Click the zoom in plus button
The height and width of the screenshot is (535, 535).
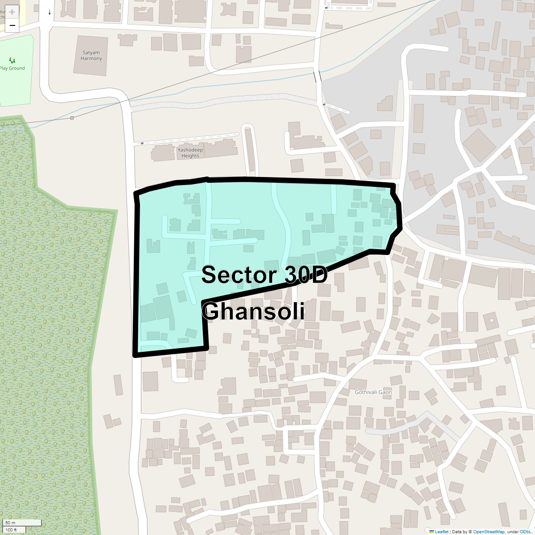point(12,12)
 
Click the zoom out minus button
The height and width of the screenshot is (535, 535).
point(12,25)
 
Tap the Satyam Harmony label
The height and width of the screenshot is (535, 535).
point(91,56)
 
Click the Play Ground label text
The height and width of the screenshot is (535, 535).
point(12,68)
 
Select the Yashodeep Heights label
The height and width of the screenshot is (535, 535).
point(190,153)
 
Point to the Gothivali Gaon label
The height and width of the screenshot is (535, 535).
point(373,392)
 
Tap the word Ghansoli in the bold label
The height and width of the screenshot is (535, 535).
point(253,311)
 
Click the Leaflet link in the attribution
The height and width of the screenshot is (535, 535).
point(441,531)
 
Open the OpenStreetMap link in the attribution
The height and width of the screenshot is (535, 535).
point(489,531)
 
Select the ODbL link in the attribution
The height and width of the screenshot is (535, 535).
point(524,531)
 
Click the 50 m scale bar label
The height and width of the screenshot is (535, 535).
point(10,523)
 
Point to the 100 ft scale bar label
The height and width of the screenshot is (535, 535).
point(11,530)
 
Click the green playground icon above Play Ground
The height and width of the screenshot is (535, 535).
point(12,60)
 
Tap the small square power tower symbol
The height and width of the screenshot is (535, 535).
point(72,118)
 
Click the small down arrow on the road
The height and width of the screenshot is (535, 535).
point(49,12)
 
